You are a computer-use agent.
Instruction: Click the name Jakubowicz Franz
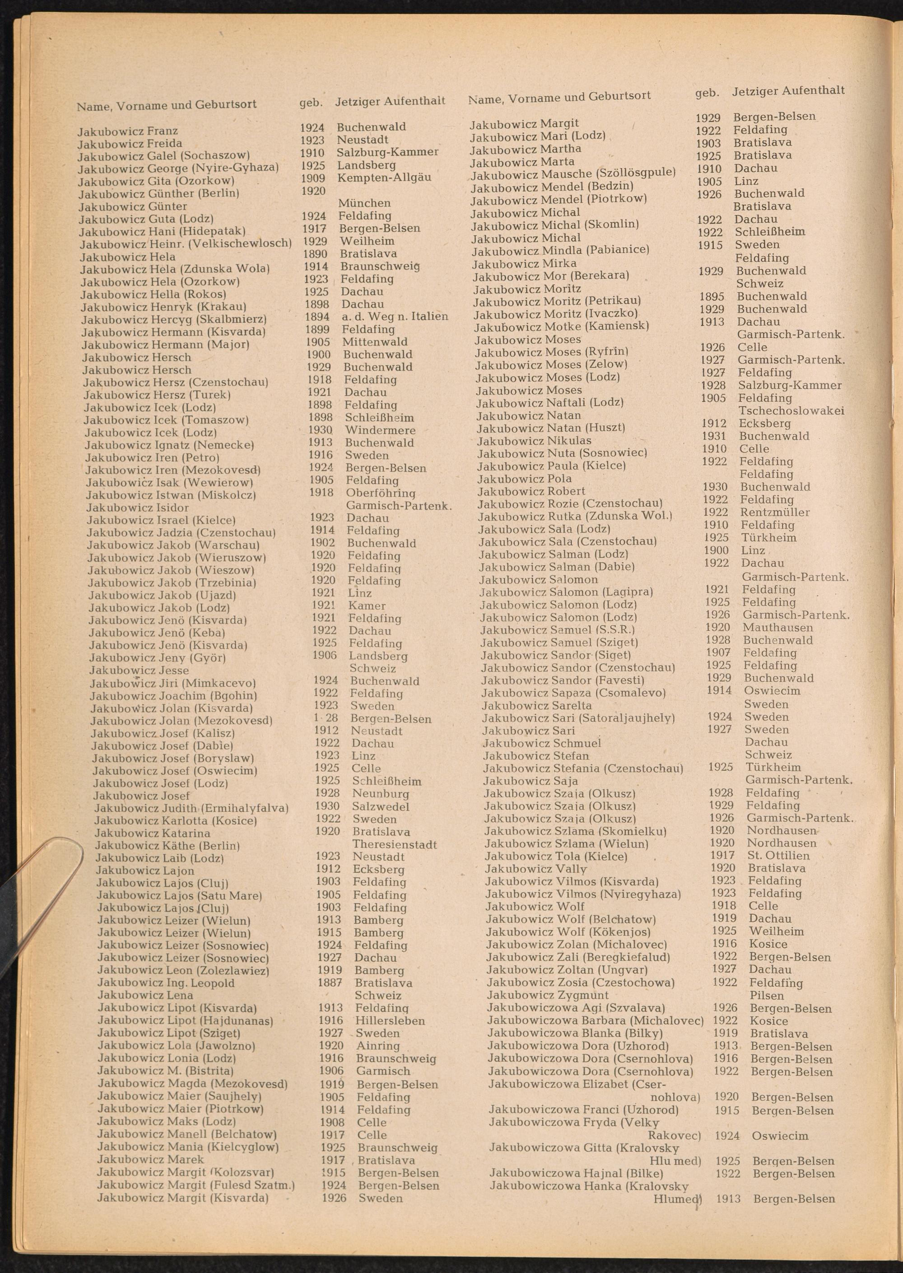[127, 131]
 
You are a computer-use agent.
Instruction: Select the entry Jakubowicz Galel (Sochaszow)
[163, 156]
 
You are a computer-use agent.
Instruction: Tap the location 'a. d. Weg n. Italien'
[395, 317]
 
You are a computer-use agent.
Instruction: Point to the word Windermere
[380, 430]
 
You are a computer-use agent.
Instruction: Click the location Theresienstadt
[395, 845]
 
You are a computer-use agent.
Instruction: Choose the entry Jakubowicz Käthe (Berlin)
[168, 846]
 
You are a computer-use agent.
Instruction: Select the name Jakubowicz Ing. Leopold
[166, 983]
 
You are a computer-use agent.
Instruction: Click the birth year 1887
[330, 983]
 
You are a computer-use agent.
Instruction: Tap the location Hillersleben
[391, 1021]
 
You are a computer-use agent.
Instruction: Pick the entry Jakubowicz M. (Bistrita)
[165, 1071]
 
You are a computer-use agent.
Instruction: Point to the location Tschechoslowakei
[791, 411]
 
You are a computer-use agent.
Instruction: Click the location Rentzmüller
[775, 512]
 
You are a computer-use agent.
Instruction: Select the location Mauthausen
[777, 627]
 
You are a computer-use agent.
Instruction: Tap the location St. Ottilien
[778, 856]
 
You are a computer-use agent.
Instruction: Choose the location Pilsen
[767, 995]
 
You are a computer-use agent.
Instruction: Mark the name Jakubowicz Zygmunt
[548, 995]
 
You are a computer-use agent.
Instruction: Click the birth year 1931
[714, 436]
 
